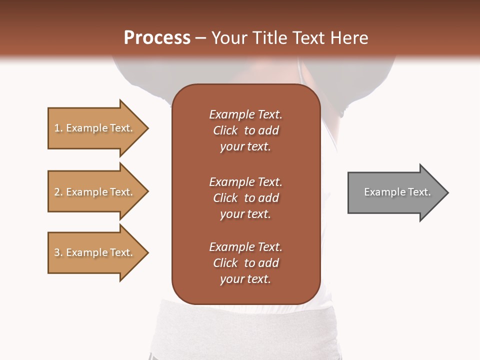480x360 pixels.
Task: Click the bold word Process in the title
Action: (157, 38)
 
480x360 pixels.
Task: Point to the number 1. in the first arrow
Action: (58, 128)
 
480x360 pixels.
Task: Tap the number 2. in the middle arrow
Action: (58, 192)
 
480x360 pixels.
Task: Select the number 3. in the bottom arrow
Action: (58, 252)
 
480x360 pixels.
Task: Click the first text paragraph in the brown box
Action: (245, 130)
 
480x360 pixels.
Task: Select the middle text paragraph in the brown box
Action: (245, 198)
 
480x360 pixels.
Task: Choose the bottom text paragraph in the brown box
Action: (245, 263)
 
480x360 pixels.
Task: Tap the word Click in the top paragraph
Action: (225, 130)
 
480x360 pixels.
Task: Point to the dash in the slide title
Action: (200, 38)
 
